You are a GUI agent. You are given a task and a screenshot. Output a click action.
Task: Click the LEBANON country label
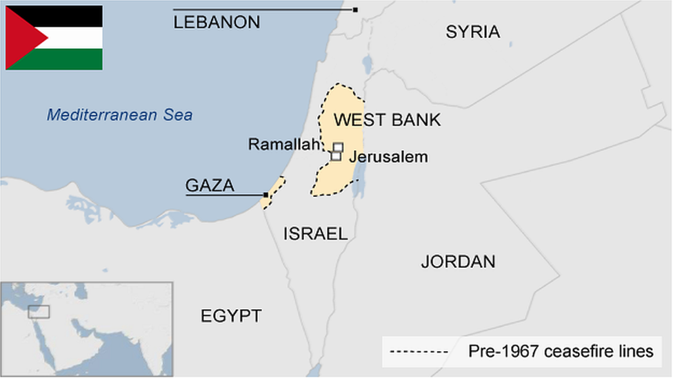coord(217,23)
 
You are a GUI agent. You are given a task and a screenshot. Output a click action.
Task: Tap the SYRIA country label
coord(472,32)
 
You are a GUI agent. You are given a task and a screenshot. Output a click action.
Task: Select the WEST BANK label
coord(387,120)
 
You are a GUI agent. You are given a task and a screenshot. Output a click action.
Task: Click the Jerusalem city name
coord(388,157)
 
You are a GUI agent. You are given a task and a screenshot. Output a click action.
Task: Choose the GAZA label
coord(210,185)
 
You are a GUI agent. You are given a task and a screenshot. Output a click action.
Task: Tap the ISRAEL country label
coord(315,234)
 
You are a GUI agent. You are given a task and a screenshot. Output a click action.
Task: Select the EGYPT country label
coord(231,316)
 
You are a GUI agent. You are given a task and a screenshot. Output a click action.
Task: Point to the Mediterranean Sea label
coord(119,115)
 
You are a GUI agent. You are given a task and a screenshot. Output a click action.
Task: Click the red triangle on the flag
coord(21,38)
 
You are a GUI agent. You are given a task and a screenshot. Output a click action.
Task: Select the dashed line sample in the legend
coord(419,353)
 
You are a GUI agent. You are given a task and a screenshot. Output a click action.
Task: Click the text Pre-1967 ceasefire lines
coord(560,352)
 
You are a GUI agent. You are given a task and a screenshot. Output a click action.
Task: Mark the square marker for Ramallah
coord(338,147)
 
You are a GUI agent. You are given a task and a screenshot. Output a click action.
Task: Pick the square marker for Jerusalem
coord(336,156)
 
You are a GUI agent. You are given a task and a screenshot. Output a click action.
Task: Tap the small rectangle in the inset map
coord(39,312)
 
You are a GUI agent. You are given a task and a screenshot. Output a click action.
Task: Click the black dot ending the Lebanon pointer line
coord(355,10)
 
